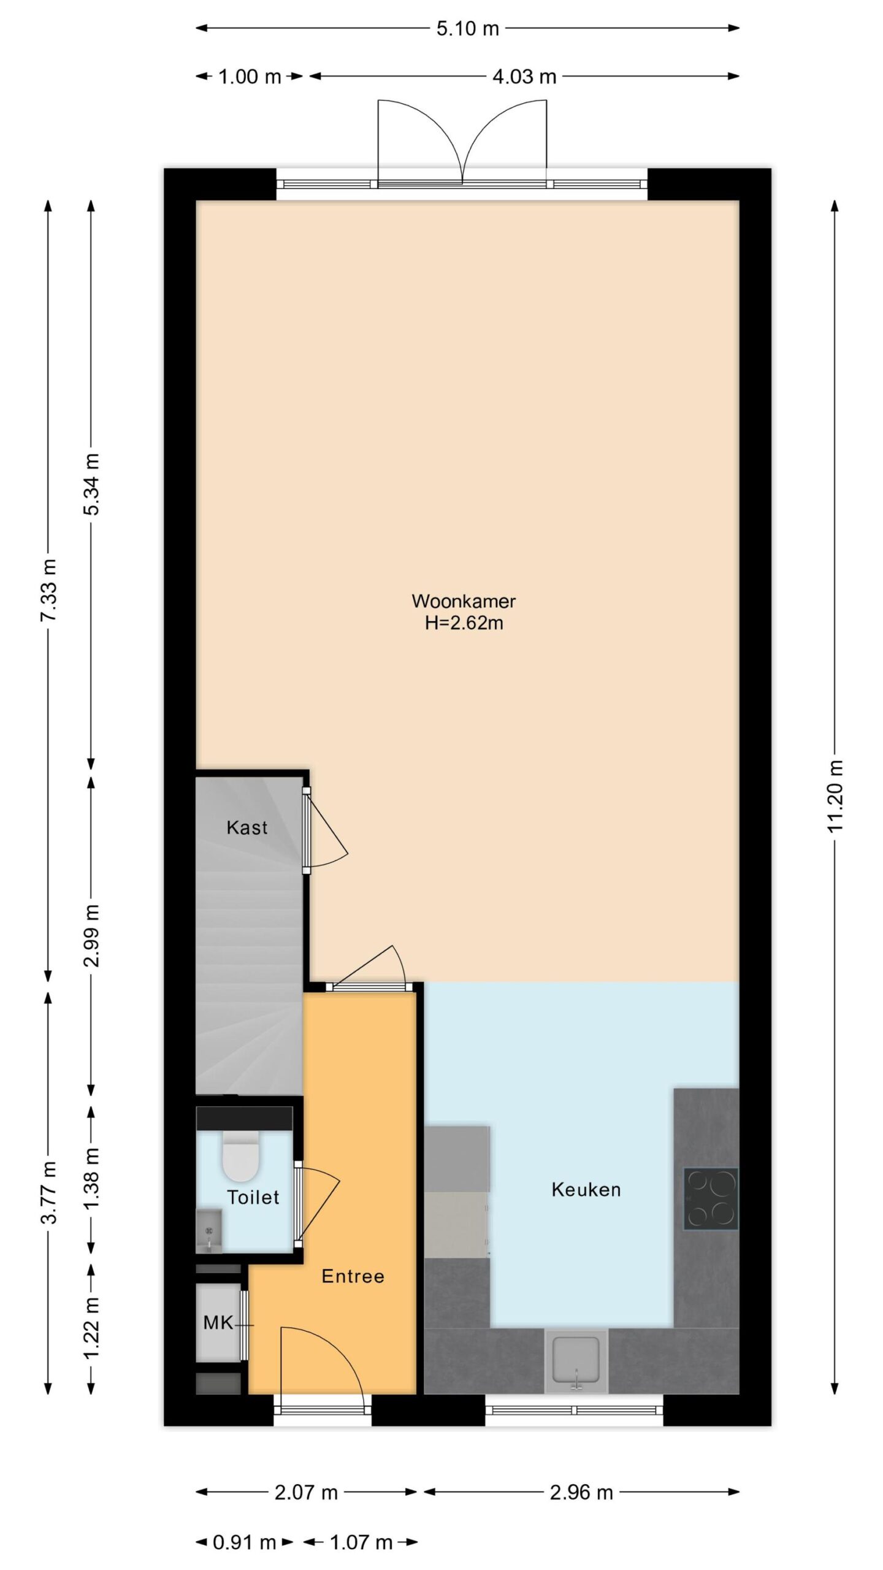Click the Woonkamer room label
click(464, 601)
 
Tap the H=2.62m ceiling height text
click(464, 623)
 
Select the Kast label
click(247, 828)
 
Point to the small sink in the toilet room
click(209, 1230)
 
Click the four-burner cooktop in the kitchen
click(711, 1198)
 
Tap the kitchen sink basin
click(576, 1358)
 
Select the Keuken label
click(586, 1190)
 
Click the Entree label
click(353, 1276)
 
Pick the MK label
click(218, 1323)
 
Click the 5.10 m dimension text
click(467, 28)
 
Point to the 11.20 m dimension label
click(836, 795)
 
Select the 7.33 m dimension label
click(49, 590)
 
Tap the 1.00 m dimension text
click(250, 77)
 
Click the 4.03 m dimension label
click(524, 77)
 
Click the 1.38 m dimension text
click(92, 1179)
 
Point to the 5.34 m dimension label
click(92, 484)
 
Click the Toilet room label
click(253, 1197)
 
